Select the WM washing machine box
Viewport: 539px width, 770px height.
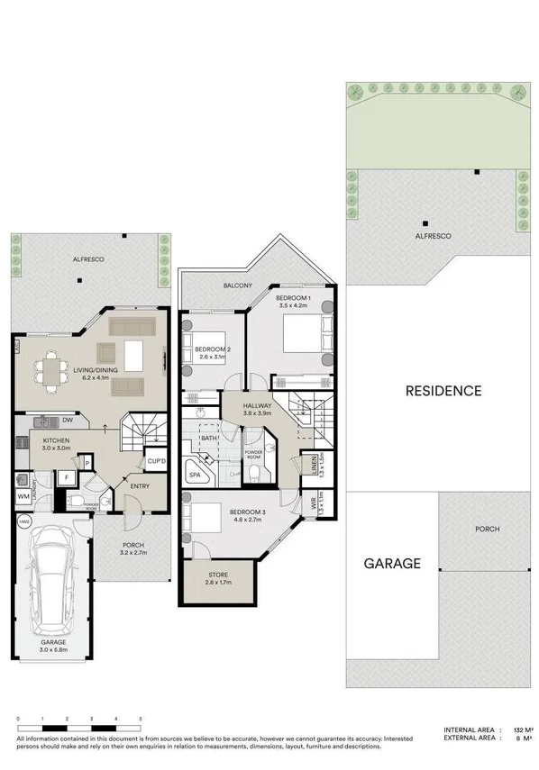[x=23, y=496]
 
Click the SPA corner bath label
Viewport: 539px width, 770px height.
[x=194, y=475]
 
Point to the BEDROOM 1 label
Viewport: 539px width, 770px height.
[x=293, y=297]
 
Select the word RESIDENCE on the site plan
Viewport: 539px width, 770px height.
[x=443, y=391]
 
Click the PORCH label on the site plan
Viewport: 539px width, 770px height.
[x=488, y=529]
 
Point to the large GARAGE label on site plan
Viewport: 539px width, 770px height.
[x=392, y=564]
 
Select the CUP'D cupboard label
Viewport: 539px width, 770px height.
[x=155, y=461]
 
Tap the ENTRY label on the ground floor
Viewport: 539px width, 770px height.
[x=140, y=486]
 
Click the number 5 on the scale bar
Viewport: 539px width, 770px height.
[x=141, y=718]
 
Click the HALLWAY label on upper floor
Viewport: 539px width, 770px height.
[x=259, y=407]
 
